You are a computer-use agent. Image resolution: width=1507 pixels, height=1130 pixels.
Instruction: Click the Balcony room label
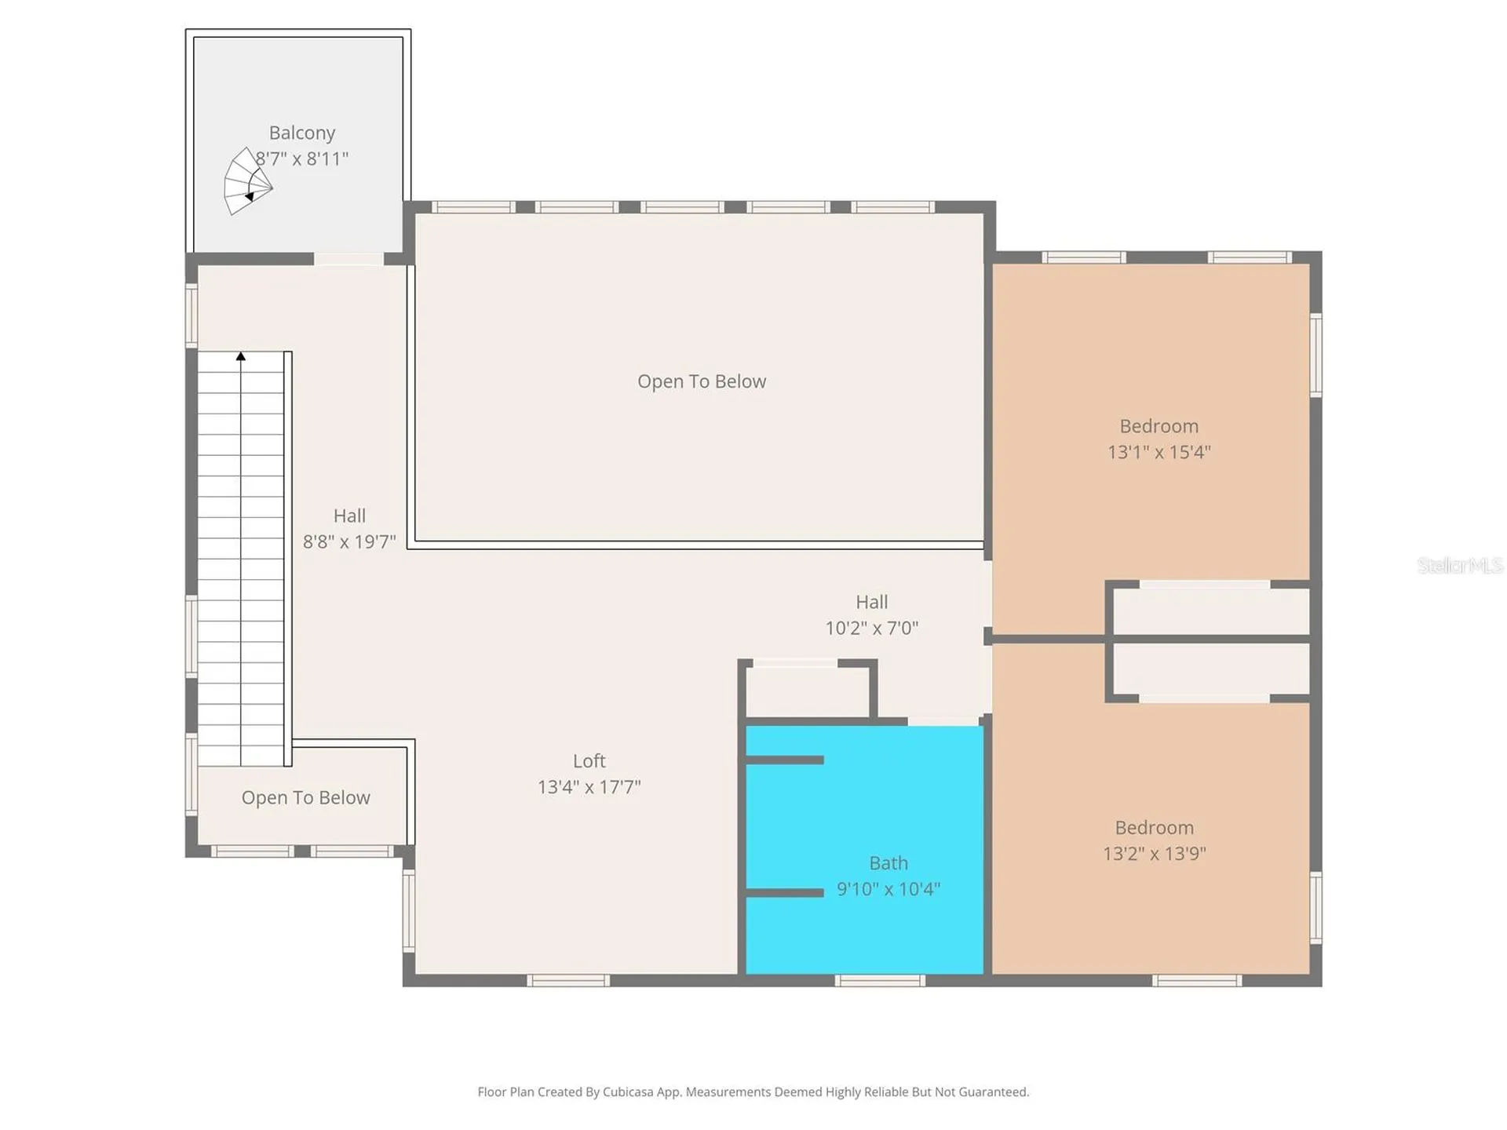coord(301,133)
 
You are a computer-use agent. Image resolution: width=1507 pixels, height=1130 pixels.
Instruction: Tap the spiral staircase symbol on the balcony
coord(247,181)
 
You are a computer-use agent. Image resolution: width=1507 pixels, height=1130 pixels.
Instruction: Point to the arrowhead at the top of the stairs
coord(241,356)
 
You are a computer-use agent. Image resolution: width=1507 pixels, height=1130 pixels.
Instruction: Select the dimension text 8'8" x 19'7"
coord(349,541)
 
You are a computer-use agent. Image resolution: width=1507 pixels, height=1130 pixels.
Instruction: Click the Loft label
coord(589,760)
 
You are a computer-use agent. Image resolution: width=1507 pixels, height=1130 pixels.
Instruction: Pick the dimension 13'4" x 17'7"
coord(589,786)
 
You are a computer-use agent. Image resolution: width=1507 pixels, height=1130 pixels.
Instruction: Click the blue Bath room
coord(864,850)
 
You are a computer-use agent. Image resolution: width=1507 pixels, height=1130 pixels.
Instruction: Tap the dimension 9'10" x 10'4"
coord(888,888)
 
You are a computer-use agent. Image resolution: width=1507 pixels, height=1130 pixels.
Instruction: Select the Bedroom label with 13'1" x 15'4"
coord(1159,426)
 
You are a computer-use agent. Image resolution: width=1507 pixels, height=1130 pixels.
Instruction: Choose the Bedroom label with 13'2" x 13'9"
coord(1154,827)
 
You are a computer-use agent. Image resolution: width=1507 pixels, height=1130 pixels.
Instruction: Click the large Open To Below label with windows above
coord(702,381)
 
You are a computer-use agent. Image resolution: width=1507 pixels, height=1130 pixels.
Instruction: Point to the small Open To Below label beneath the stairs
coord(305,797)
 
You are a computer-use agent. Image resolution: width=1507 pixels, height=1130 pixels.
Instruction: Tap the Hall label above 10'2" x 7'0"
coord(871,602)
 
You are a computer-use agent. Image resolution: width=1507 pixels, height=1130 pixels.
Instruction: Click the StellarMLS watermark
coord(1460,565)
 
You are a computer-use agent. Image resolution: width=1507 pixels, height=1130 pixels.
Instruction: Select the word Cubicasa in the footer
coord(628,1092)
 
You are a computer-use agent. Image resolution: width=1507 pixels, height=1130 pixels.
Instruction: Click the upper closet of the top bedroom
coord(1211,611)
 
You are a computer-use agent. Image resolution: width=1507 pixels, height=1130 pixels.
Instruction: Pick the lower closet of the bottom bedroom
coord(1211,669)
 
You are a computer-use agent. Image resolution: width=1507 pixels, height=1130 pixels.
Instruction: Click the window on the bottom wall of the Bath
coord(880,980)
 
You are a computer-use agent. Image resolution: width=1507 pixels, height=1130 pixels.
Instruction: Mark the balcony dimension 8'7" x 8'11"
coord(301,159)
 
